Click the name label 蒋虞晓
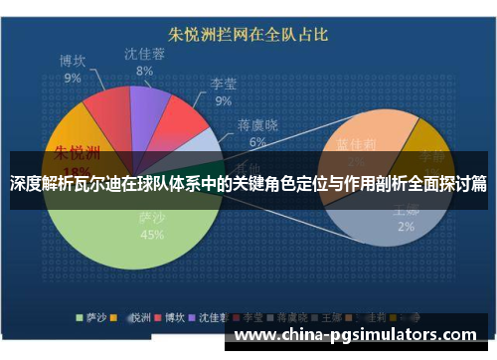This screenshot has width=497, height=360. click(x=256, y=125)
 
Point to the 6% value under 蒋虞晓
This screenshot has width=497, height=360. click(x=256, y=142)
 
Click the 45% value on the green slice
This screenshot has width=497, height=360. click(x=152, y=236)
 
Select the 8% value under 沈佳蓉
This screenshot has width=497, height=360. click(x=145, y=71)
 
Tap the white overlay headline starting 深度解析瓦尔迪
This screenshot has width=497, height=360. click(x=248, y=183)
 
